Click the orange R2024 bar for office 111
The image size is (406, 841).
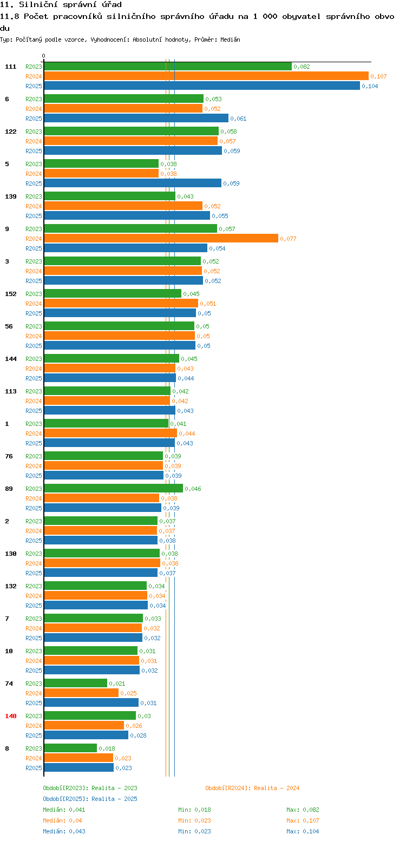tap(206, 76)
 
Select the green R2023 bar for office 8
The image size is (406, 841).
tap(70, 748)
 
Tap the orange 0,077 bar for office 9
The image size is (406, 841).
tap(161, 238)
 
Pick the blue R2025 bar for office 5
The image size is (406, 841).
tap(133, 183)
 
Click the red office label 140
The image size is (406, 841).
tap(11, 716)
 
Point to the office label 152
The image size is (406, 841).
tap(11, 294)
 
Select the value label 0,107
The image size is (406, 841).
tap(378, 76)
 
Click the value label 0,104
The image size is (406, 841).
tap(370, 86)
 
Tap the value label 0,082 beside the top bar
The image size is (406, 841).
tap(302, 67)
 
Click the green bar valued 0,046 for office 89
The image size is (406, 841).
tap(113, 488)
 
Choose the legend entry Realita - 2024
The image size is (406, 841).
tap(252, 788)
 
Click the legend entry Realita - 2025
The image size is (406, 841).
tap(90, 799)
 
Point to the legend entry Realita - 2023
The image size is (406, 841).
tap(90, 788)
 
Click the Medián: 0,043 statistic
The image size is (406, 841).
tap(64, 831)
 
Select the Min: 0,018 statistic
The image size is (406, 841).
tap(194, 810)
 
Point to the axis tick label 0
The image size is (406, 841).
tap(44, 56)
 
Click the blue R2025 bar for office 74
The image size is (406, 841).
tap(91, 702)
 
